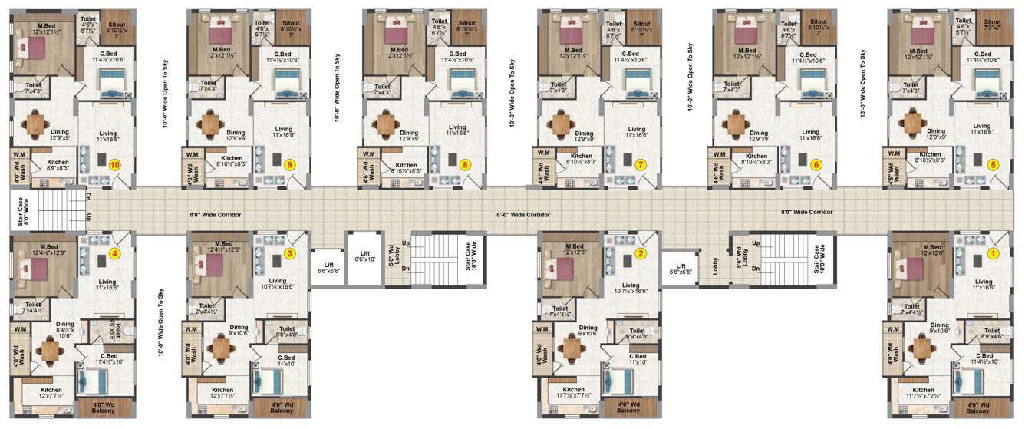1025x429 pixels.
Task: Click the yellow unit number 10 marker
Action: tap(115, 164)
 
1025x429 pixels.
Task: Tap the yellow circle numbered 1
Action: tap(994, 253)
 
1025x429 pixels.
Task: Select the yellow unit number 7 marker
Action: tap(641, 164)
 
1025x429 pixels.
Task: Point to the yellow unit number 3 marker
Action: tap(290, 253)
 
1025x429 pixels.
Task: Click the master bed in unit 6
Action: tap(747, 34)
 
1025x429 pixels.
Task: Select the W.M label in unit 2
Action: tap(542, 329)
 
